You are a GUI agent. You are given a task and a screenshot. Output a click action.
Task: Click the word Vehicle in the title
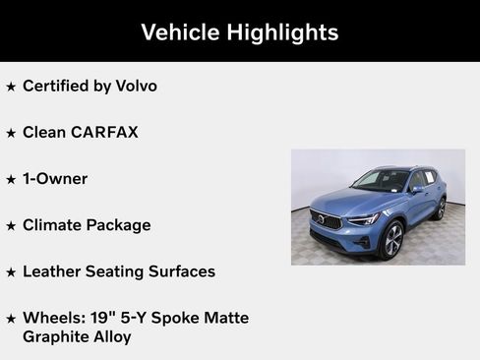[x=178, y=32]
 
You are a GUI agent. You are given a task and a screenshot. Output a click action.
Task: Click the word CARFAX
[x=103, y=132]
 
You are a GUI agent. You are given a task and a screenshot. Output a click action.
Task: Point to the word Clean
[x=44, y=132]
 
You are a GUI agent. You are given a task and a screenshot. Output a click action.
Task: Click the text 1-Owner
[x=55, y=178]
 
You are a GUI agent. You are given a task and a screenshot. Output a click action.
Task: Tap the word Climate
[x=53, y=224]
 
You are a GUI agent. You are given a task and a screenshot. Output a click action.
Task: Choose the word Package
[x=119, y=225]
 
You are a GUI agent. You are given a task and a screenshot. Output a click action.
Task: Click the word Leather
[x=53, y=270]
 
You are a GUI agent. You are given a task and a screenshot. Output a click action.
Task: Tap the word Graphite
[x=57, y=336]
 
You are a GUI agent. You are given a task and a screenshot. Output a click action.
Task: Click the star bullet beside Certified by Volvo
[x=11, y=87]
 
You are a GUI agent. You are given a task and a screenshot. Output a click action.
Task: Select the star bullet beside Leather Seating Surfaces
[x=11, y=271]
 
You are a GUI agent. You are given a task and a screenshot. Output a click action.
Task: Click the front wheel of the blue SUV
[x=391, y=239]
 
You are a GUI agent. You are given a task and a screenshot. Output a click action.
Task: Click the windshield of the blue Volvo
[x=381, y=181]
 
